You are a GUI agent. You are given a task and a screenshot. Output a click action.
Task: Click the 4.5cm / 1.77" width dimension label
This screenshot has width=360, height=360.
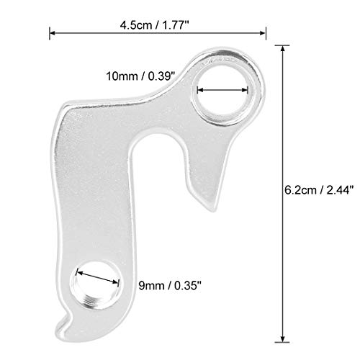point(155,25)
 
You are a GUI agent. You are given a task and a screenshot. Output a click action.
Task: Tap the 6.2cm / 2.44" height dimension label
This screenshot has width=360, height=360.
point(319,190)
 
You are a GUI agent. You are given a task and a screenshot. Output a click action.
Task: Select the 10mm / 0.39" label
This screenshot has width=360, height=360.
point(140,76)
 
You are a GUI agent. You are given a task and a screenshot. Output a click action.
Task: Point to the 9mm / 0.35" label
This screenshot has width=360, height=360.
point(170,286)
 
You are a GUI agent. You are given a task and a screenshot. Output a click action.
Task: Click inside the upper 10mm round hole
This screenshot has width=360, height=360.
point(222,95)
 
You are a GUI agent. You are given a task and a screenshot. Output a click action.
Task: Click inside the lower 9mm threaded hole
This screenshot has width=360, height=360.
point(95,285)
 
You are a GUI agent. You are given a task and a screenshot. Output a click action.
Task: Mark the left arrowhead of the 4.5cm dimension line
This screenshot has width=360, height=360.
point(53,33)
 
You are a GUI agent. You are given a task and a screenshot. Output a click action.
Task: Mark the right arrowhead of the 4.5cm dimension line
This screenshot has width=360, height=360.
point(262,33)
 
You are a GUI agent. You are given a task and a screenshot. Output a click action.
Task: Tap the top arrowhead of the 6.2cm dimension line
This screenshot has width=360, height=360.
point(282,48)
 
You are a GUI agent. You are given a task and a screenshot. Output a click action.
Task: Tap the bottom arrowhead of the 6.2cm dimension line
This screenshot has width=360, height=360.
point(282,338)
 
